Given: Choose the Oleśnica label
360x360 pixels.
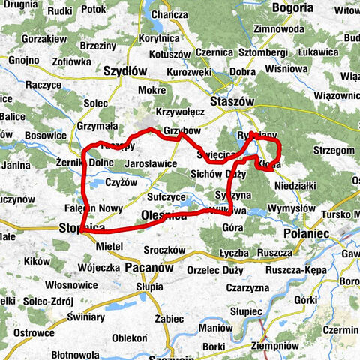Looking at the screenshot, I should (163, 216).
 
